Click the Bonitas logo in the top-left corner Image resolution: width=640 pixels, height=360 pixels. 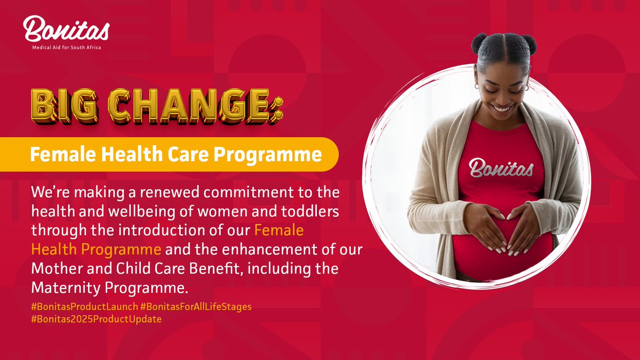[x=66, y=29]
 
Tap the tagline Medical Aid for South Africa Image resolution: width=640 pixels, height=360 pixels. [x=66, y=47]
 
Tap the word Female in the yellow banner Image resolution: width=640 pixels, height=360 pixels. [x=54, y=155]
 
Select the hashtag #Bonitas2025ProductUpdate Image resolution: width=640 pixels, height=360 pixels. [x=96, y=319]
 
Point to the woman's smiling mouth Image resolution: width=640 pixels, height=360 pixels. [x=501, y=107]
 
